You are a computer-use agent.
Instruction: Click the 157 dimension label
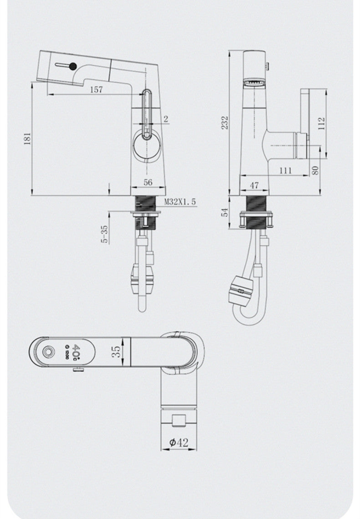(96, 89)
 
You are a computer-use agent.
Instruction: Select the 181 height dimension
(27, 138)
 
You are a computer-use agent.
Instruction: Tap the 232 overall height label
(225, 123)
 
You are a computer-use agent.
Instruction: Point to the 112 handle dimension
(322, 124)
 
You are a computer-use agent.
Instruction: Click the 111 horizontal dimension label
(286, 170)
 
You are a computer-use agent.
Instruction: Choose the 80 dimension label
(315, 170)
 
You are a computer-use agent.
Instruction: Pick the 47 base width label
(254, 185)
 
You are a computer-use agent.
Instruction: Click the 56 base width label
(148, 182)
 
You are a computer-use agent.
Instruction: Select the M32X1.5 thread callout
(180, 201)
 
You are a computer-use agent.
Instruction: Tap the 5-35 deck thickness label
(104, 234)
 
